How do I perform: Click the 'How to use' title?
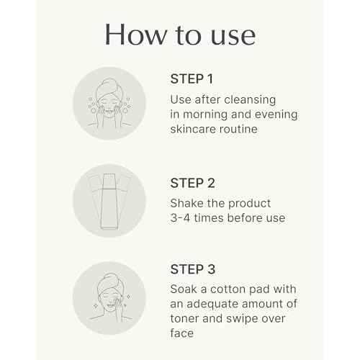[x=180, y=35]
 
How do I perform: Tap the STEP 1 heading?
[x=192, y=79]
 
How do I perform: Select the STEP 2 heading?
[x=192, y=183]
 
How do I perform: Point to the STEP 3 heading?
[x=193, y=269]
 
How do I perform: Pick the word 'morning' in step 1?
[x=205, y=115]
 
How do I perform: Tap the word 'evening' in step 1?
[x=276, y=115]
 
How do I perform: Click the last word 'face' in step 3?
[x=181, y=333]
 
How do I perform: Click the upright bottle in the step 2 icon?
[x=109, y=201]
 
